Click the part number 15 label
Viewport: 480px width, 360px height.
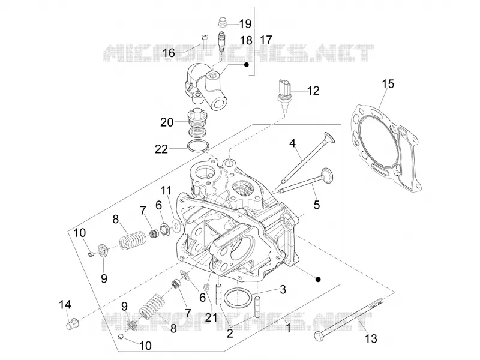click(x=388, y=84)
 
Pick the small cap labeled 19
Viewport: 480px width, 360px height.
click(x=223, y=23)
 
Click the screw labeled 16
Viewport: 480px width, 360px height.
click(x=205, y=41)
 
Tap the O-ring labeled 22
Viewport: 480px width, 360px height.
click(x=198, y=146)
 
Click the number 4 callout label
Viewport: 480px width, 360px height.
click(x=293, y=143)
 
